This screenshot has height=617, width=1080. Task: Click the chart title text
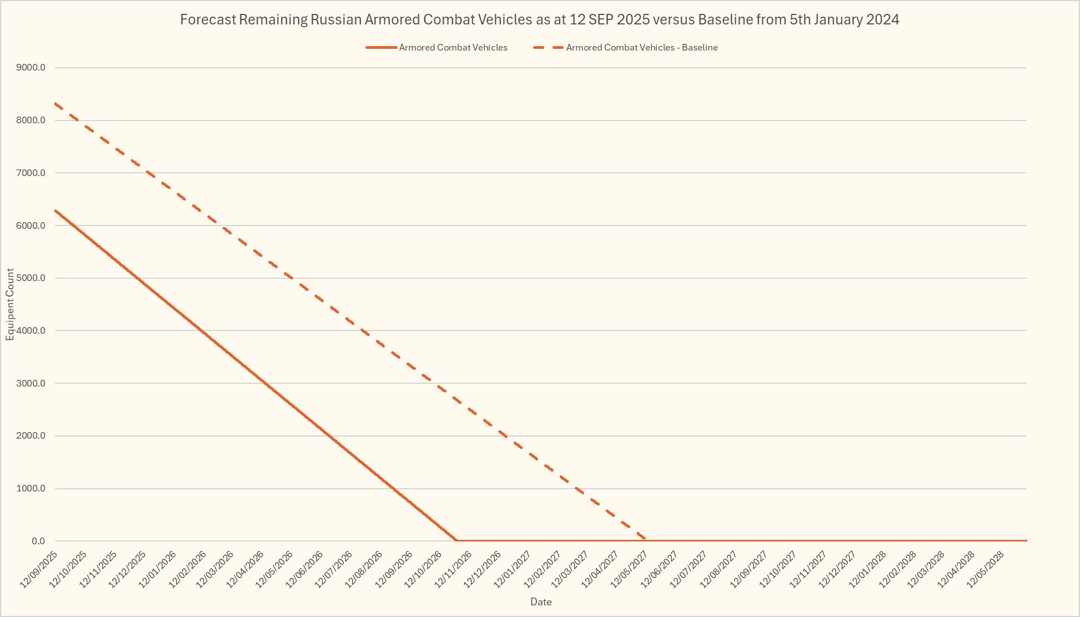(x=539, y=20)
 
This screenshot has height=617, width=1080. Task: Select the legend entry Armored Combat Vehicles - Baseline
(x=641, y=48)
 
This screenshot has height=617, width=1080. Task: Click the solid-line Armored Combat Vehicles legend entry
(x=453, y=48)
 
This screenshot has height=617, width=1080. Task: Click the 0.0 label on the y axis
(x=38, y=541)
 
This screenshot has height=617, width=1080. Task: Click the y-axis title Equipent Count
(x=10, y=304)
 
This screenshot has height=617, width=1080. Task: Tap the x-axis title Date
(x=541, y=602)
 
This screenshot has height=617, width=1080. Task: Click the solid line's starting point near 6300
(x=56, y=210)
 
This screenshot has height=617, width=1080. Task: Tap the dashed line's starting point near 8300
(x=56, y=103)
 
